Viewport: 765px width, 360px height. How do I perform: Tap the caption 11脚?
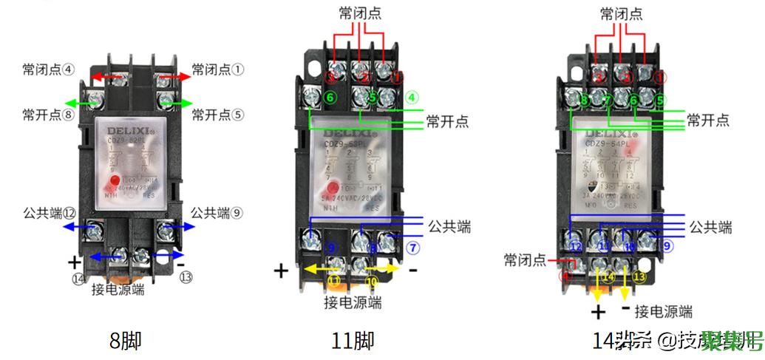(x=353, y=341)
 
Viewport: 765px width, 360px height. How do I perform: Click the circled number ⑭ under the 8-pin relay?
(x=78, y=278)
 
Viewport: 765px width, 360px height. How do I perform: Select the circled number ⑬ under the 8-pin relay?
(x=186, y=278)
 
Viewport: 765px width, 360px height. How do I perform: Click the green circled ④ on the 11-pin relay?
(x=412, y=97)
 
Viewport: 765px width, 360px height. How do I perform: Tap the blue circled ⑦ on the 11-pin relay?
(x=412, y=246)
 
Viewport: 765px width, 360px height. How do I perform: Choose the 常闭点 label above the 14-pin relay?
(x=621, y=14)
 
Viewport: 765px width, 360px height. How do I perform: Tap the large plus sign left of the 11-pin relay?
(x=281, y=270)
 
